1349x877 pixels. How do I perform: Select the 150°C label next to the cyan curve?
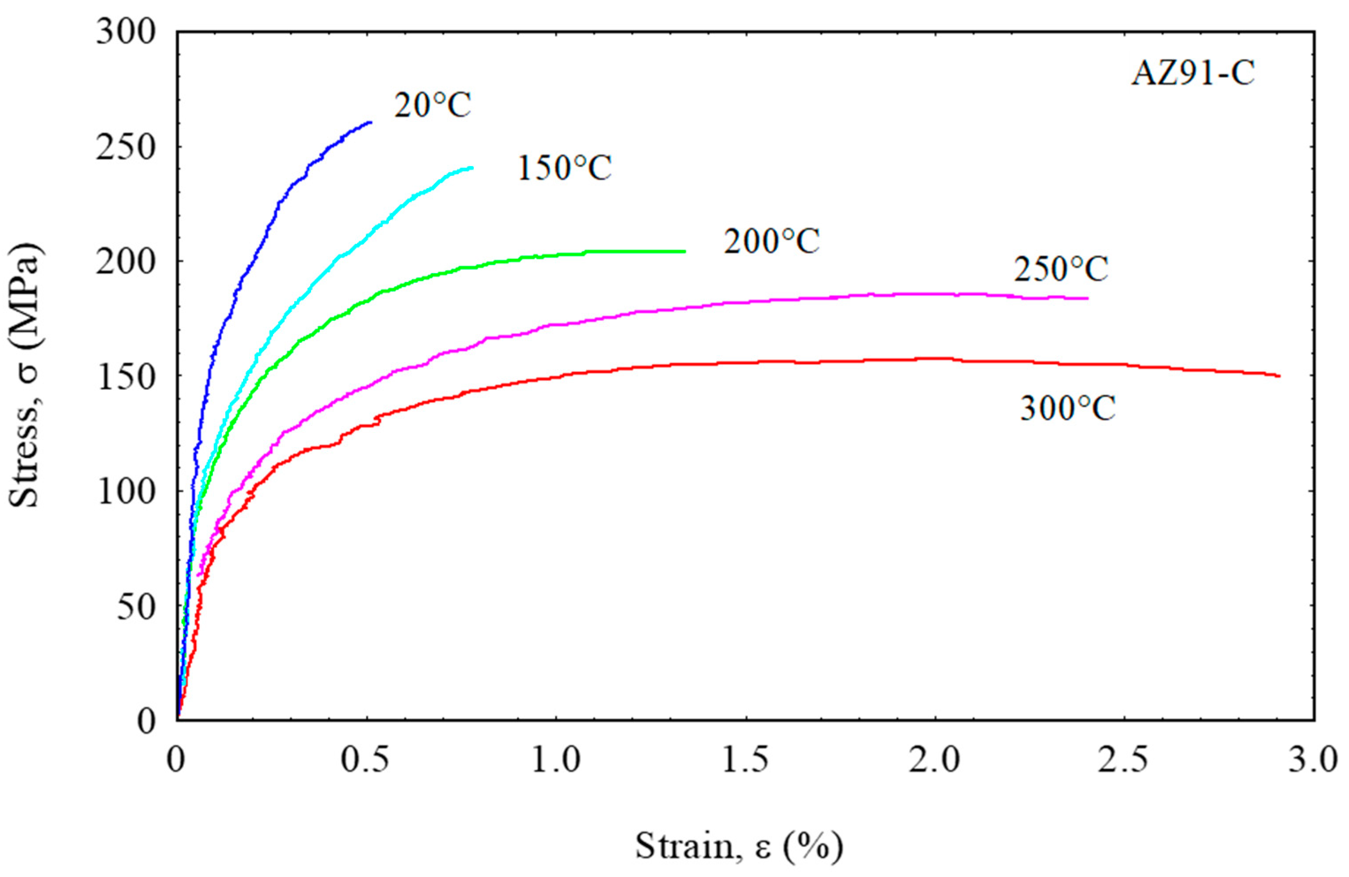[565, 168]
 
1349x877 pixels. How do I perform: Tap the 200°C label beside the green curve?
[771, 242]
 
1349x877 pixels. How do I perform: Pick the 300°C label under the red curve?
[1068, 408]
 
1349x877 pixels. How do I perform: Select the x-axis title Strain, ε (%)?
[738, 847]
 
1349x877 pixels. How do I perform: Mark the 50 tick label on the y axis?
[136, 607]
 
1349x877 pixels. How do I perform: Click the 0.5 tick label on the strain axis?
[365, 761]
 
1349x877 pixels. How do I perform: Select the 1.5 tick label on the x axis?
[745, 761]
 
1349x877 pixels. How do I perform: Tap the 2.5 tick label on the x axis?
[1123, 761]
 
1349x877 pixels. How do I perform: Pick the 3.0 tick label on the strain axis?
[1313, 761]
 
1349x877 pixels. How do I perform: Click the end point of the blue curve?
[370, 122]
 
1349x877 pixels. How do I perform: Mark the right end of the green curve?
[685, 251]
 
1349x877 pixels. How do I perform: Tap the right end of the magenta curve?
[1087, 298]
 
